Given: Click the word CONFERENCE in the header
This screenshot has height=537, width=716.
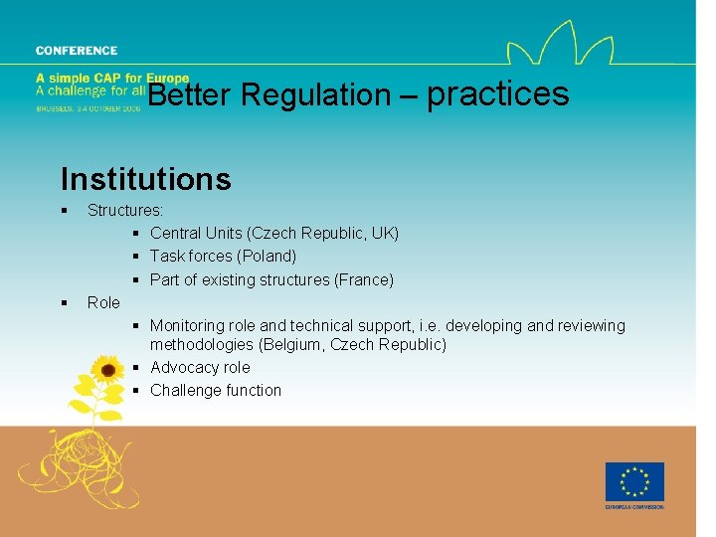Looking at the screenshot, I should point(77,51).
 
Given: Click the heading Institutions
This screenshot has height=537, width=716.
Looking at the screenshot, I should point(145,179).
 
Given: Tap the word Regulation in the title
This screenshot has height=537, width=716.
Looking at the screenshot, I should point(315,95).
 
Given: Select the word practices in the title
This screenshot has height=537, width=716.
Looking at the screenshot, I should point(497,94).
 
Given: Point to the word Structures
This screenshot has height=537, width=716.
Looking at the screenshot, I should point(125,211).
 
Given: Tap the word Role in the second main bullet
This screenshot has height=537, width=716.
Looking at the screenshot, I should point(103,302).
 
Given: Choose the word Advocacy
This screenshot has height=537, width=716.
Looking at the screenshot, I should point(185,368).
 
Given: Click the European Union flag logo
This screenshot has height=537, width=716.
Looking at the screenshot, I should point(634,482).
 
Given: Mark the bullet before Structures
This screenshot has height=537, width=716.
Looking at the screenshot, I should point(64,211).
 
